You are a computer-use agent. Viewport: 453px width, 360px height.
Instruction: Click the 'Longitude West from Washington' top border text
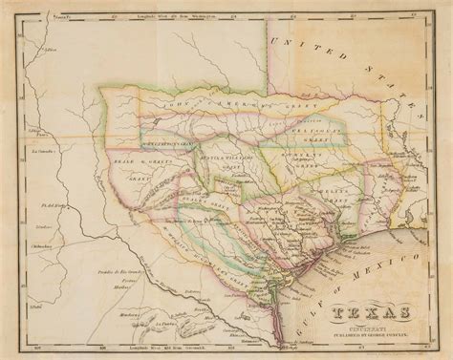pos(162,13)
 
